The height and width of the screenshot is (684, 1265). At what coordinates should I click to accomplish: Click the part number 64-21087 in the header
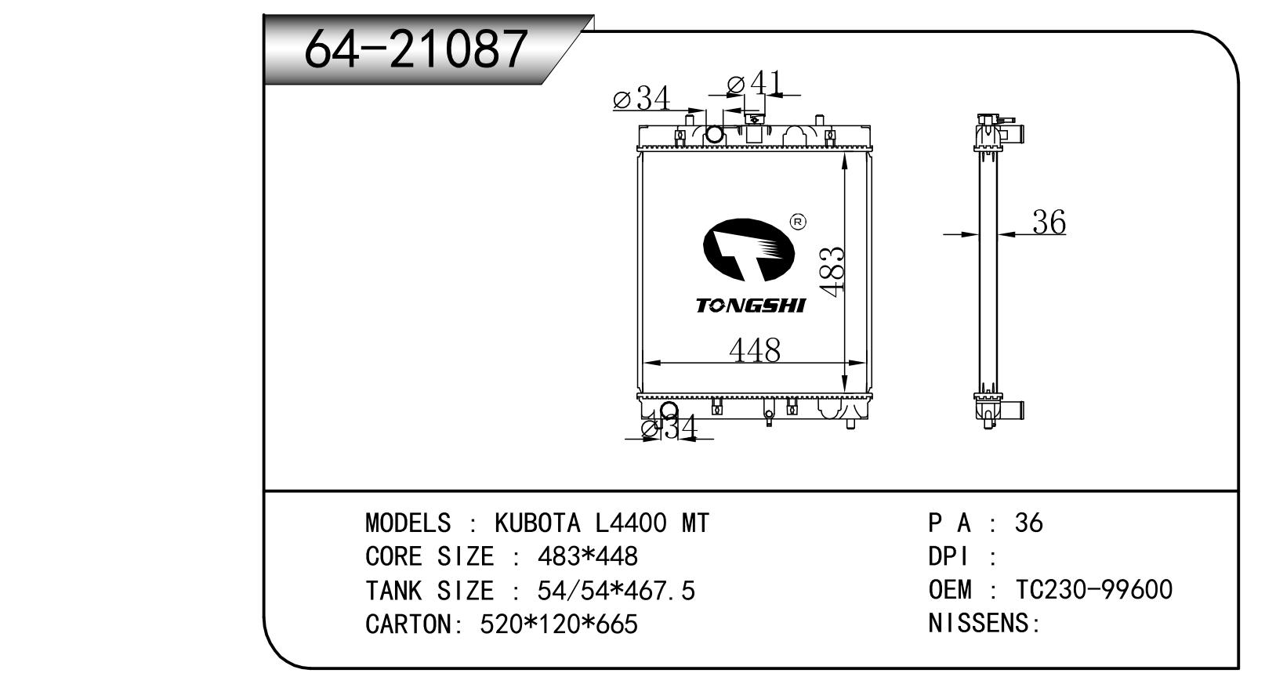[415, 49]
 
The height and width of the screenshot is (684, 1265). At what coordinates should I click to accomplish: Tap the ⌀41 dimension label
[754, 84]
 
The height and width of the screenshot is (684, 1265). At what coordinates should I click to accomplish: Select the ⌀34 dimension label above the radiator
[642, 98]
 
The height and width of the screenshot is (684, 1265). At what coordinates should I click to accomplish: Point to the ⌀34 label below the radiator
[670, 427]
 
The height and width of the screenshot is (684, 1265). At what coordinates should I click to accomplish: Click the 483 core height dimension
[832, 272]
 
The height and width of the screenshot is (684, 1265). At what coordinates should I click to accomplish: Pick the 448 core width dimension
[755, 350]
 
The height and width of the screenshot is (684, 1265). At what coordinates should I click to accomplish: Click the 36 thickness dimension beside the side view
[1049, 222]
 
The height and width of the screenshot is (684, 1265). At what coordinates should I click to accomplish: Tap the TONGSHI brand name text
[751, 306]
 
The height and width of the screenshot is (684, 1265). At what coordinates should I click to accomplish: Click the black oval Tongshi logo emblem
[748, 250]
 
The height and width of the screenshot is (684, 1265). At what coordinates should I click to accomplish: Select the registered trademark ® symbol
[798, 222]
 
